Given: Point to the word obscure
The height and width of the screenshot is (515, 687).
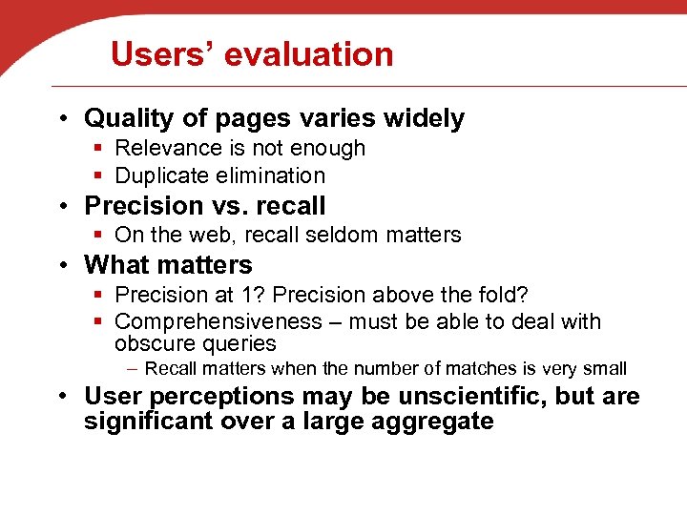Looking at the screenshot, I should coord(156,343).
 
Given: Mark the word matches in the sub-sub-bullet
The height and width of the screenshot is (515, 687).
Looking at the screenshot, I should coord(468,369).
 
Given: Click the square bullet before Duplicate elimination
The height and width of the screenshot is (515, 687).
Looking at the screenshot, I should coord(98,176).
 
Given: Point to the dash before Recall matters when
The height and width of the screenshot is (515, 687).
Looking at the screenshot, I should coord(132,368).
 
